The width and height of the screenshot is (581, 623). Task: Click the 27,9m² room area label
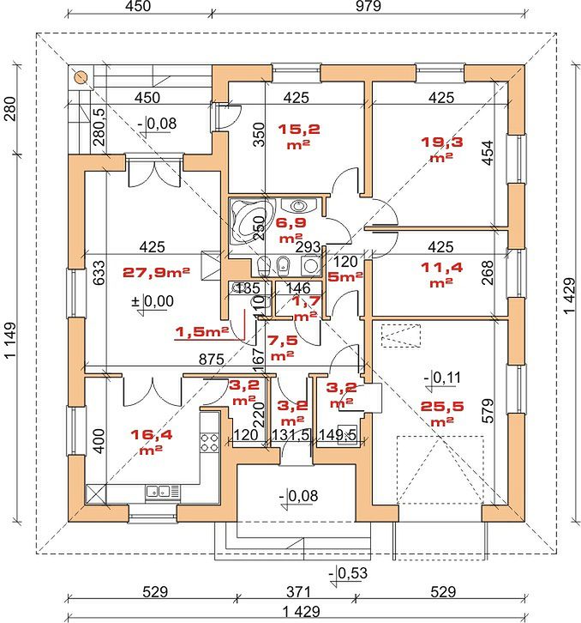pyautogui.click(x=156, y=273)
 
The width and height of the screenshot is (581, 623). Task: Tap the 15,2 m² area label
pyautogui.click(x=298, y=136)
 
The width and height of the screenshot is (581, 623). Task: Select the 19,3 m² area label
pyautogui.click(x=441, y=148)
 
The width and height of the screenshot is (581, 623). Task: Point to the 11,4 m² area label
pyautogui.click(x=441, y=274)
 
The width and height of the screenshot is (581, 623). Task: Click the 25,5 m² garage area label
pyautogui.click(x=441, y=414)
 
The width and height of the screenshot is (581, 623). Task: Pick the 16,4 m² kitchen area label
pyautogui.click(x=152, y=441)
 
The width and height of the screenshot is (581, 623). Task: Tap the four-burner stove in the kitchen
pyautogui.click(x=209, y=443)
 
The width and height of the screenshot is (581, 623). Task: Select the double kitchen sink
pyautogui.click(x=159, y=492)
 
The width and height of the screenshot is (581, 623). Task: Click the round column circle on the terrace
pyautogui.click(x=81, y=77)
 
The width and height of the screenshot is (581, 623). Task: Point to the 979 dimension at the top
pyautogui.click(x=368, y=6)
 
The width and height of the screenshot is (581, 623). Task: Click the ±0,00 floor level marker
pyautogui.click(x=153, y=303)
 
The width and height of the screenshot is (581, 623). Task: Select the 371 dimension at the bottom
pyautogui.click(x=298, y=592)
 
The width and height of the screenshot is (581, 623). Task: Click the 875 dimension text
pyautogui.click(x=212, y=360)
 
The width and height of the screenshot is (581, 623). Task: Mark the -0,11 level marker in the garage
pyautogui.click(x=442, y=379)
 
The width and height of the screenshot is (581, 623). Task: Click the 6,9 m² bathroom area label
pyautogui.click(x=290, y=230)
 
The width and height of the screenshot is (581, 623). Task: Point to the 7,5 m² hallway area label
pyautogui.click(x=282, y=348)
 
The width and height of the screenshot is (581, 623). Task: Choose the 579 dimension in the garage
pyautogui.click(x=488, y=410)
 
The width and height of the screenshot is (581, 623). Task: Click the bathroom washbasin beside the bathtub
pyautogui.click(x=298, y=205)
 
